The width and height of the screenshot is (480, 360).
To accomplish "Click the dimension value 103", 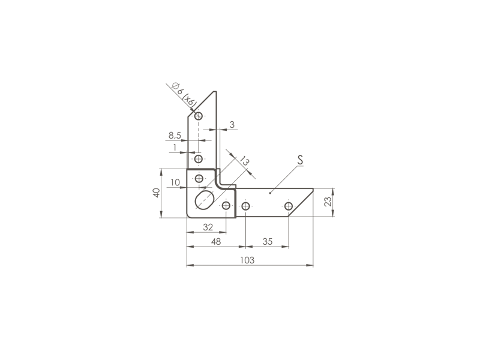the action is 247,260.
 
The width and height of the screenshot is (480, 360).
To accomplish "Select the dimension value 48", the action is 216,242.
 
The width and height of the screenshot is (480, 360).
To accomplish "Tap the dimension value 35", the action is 267,242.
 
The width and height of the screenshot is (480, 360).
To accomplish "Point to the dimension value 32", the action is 208,227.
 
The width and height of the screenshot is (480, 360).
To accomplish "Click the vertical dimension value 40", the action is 157,193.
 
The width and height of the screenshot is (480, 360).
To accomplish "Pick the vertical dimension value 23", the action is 328,202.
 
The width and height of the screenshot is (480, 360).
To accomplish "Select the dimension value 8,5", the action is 175,135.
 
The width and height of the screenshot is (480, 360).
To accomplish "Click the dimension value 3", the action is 232,125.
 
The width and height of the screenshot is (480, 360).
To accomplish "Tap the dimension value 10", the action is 175,182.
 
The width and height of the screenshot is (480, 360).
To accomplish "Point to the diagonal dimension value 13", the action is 244,161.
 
